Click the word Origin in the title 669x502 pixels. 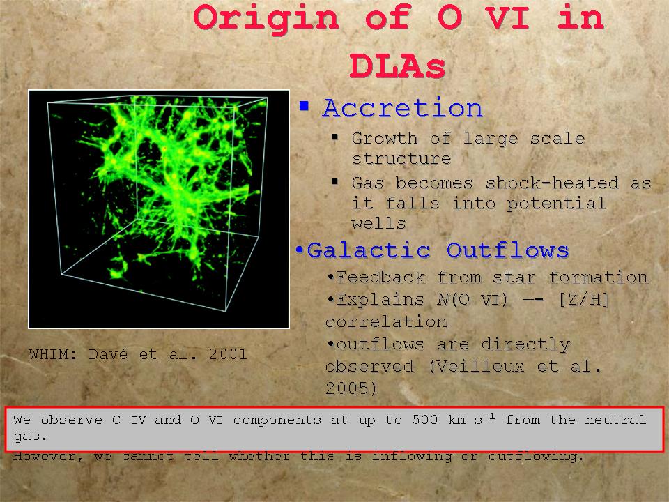[266, 19]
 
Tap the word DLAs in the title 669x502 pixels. [397, 67]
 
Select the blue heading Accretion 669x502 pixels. [402, 107]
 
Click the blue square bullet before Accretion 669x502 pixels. [304, 106]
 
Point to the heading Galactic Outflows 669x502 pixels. [438, 250]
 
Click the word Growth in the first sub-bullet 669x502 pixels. [385, 139]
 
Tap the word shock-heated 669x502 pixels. [552, 183]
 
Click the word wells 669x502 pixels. [378, 223]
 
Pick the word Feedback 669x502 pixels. [380, 277]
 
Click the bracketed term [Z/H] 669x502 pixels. [583, 300]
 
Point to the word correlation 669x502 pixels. [386, 322]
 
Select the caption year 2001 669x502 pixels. [228, 354]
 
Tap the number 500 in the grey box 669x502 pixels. [425, 420]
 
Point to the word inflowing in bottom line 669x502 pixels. [412, 456]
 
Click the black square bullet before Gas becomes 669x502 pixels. [334, 182]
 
